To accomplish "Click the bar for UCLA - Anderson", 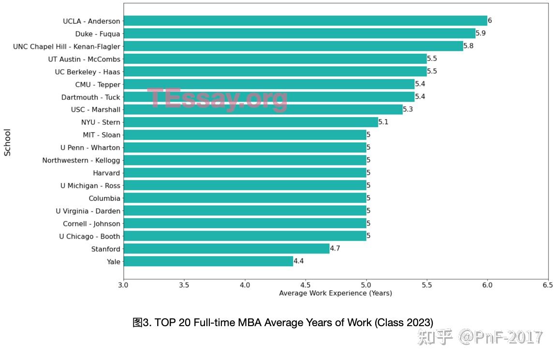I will coord(305,21).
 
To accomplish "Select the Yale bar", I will coord(208,262).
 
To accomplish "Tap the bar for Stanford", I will coord(226,249).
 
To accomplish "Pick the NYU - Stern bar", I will coord(250,122).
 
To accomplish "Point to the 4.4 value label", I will coord(299,262).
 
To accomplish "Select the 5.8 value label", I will coord(469,46).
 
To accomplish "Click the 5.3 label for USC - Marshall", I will coord(408,110).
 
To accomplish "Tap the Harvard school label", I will coord(106,173).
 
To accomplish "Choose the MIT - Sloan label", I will coord(102,135).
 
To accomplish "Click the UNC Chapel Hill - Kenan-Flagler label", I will coord(66,46).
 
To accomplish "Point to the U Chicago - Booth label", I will coord(89,237).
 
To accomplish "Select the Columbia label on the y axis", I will coord(104,198).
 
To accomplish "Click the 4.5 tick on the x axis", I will coord(306,285).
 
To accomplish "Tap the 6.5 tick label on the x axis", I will coord(548,285).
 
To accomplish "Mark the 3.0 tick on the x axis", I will coord(124,285).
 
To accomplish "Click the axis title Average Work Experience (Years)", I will coord(336,293).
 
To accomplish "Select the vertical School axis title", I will coord(7,142).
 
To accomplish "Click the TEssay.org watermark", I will coord(217,99).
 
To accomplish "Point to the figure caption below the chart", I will coord(283,323).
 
